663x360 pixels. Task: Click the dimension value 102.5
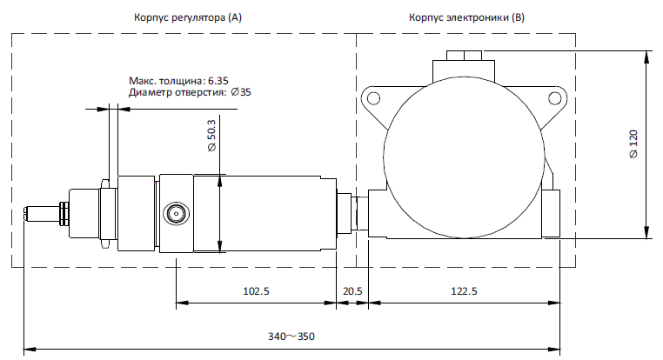pyautogui.click(x=255, y=291)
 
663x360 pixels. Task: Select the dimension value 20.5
pyautogui.click(x=352, y=291)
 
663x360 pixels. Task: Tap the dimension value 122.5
pyautogui.click(x=463, y=291)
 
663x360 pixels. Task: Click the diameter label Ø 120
pyautogui.click(x=633, y=144)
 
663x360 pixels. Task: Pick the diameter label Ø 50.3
pyautogui.click(x=211, y=137)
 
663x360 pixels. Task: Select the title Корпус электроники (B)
pyautogui.click(x=466, y=17)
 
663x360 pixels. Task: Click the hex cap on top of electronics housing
pyautogui.click(x=462, y=57)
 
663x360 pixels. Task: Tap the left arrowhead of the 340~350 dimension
pyautogui.click(x=27, y=349)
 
